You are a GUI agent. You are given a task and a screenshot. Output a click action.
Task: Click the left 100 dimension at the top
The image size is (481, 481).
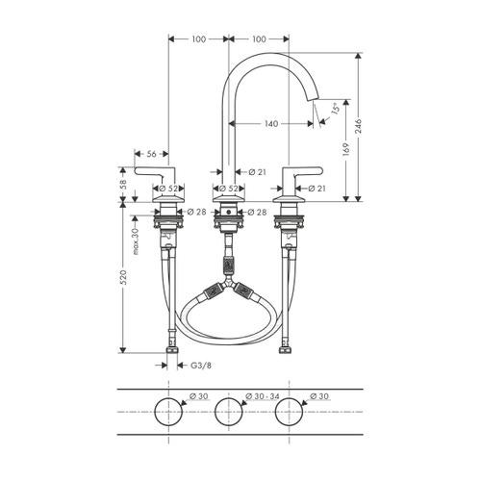click(x=198, y=38)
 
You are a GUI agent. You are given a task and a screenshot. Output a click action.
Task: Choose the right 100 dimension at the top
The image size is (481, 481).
click(x=259, y=38)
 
